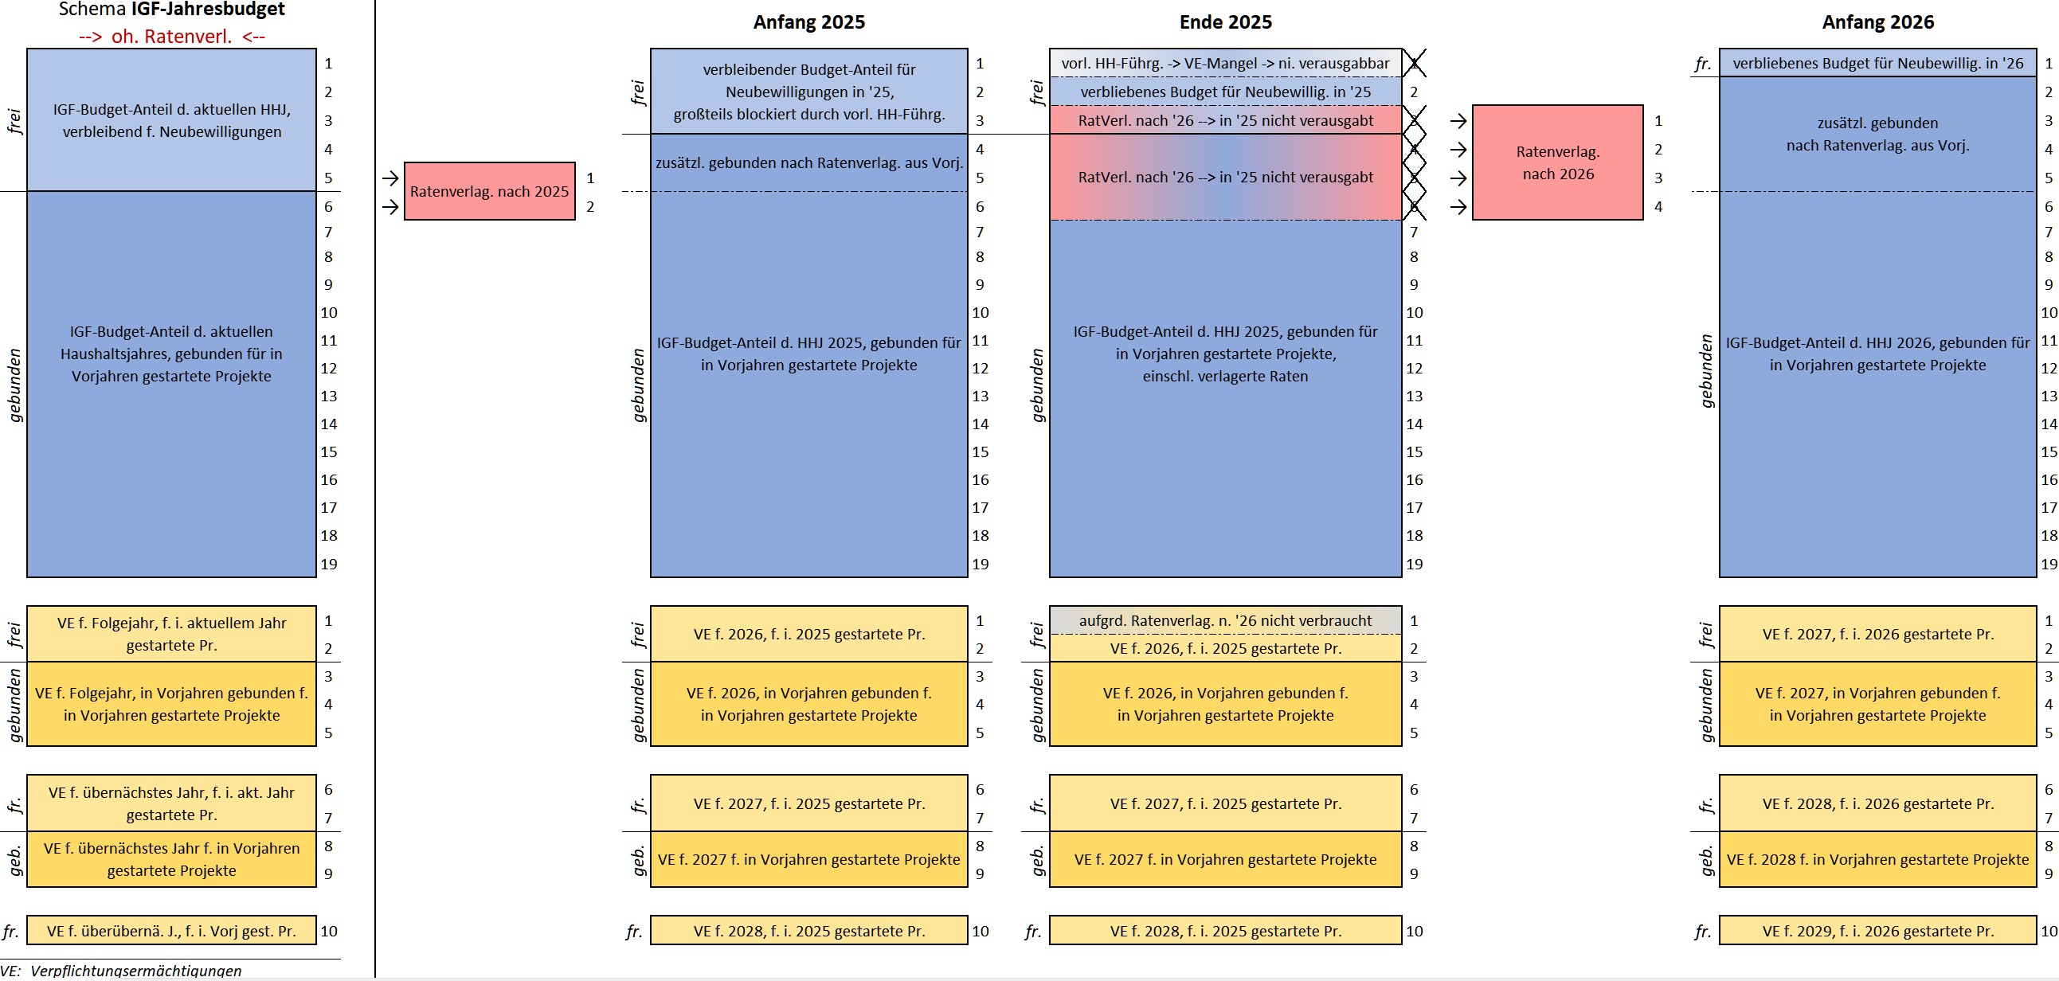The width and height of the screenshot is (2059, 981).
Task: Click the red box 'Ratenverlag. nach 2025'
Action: coord(489,191)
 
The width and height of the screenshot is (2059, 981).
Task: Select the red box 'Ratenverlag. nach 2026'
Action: coord(1557,162)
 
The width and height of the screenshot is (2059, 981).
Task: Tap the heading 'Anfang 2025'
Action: coord(809,22)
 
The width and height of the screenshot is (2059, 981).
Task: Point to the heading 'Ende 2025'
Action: coord(1225,22)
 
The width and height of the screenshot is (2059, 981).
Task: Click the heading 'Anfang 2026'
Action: coord(1877,22)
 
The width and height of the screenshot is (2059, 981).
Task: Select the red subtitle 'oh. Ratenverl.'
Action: coord(172,37)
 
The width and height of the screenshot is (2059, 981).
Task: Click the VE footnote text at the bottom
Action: coord(121,971)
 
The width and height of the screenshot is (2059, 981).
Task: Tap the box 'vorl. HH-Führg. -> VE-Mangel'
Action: coord(1225,63)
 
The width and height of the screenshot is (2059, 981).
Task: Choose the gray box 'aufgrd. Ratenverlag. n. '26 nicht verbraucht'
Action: coord(1225,620)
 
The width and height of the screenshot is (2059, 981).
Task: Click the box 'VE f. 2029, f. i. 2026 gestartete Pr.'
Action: coord(1877,931)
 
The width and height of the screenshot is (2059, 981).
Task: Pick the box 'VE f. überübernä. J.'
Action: coord(172,931)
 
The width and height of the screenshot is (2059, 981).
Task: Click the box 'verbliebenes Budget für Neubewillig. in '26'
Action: coord(1877,63)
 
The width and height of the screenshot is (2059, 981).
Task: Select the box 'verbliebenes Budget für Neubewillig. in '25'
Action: coord(1225,92)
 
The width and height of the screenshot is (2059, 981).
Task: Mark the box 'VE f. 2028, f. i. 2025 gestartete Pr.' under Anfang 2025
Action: coord(809,931)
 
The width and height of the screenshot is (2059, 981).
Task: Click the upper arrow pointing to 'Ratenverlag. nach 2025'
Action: coord(390,178)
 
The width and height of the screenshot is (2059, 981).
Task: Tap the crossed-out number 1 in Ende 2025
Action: coord(1414,63)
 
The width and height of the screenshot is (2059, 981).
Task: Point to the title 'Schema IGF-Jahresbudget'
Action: coord(172,10)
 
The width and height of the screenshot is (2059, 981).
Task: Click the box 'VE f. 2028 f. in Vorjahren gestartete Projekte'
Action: coord(1877,860)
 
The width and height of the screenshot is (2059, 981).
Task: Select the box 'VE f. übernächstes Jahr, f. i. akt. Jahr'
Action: coord(172,803)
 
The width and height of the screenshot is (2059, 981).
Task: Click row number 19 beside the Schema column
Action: coord(328,564)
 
